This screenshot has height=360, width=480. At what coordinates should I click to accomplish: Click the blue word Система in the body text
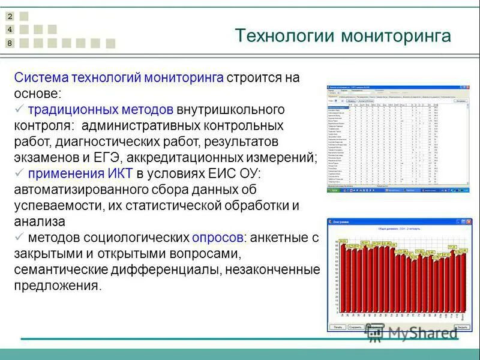click(41, 78)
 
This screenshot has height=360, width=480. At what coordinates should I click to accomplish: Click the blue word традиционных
click(63, 110)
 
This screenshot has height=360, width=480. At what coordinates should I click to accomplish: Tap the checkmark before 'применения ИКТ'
click(19, 173)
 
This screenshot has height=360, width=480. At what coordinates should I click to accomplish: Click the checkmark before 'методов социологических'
click(19, 237)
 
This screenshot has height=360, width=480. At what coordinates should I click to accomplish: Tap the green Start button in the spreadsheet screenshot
click(334, 190)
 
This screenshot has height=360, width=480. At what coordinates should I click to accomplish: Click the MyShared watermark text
click(420, 332)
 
